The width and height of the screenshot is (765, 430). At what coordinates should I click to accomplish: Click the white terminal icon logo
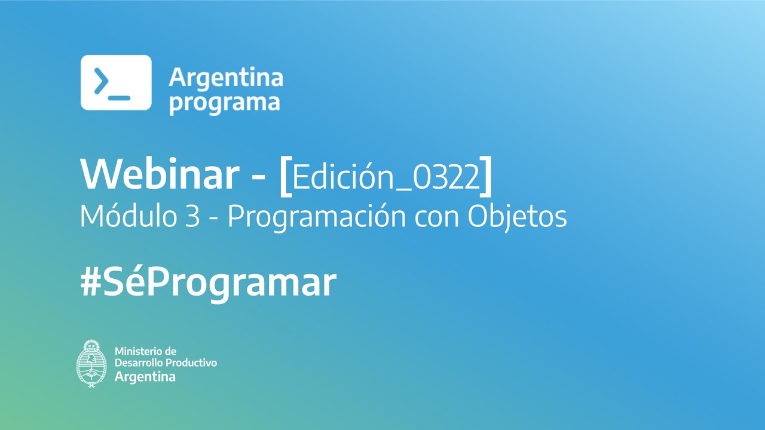tap(116, 82)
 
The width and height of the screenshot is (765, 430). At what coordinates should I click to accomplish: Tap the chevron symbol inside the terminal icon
tap(102, 81)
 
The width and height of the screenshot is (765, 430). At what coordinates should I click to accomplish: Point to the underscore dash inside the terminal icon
tap(119, 98)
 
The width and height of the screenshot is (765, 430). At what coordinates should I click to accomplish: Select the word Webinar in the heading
tap(160, 174)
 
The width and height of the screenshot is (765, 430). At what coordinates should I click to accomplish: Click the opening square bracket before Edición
tap(286, 176)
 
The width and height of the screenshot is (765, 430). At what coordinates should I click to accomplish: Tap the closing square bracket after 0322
tap(486, 176)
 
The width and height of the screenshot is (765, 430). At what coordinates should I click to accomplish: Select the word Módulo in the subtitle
tap(128, 216)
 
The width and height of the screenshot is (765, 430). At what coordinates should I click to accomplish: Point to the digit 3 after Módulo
tap(193, 216)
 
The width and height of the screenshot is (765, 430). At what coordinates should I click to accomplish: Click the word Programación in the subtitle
tap(317, 217)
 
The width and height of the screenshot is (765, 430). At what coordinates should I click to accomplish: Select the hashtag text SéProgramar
tap(220, 283)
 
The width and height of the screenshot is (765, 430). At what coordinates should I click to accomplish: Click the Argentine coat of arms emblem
tap(91, 364)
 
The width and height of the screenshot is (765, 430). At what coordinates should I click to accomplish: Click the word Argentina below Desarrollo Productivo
tap(145, 377)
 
